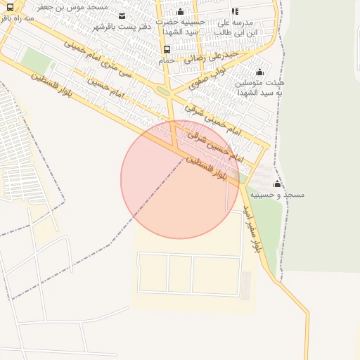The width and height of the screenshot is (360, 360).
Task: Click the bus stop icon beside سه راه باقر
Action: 11,7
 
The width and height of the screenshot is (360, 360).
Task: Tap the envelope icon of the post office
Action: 123,16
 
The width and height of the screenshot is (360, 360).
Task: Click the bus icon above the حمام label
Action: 167,50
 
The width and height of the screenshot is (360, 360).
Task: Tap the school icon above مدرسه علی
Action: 235,11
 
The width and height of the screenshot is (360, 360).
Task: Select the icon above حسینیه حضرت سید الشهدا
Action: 180,11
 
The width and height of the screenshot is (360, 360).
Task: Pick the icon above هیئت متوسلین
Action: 259,72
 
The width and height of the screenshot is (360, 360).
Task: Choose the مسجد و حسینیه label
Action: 282,195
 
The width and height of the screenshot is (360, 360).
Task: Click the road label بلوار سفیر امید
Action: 252,228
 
